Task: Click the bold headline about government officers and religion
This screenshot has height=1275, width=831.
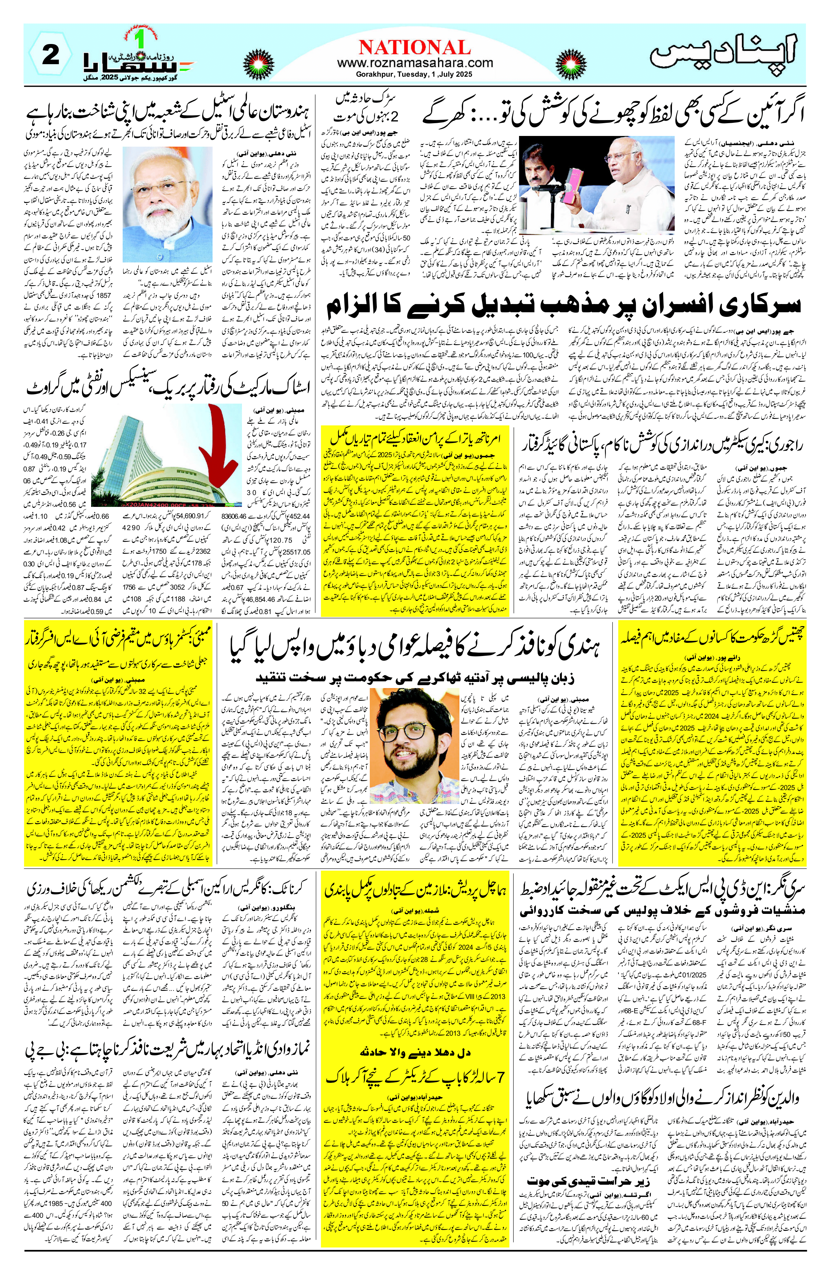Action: click(563, 305)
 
